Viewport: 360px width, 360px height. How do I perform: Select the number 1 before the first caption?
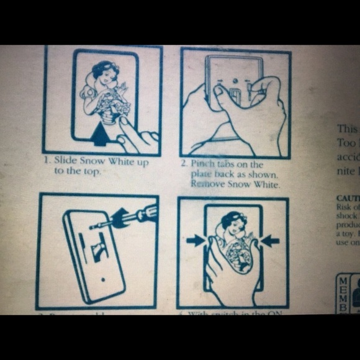click(x=46, y=161)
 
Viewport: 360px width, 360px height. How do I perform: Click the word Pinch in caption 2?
click(x=202, y=164)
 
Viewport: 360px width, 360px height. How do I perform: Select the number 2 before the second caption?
click(x=184, y=164)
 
